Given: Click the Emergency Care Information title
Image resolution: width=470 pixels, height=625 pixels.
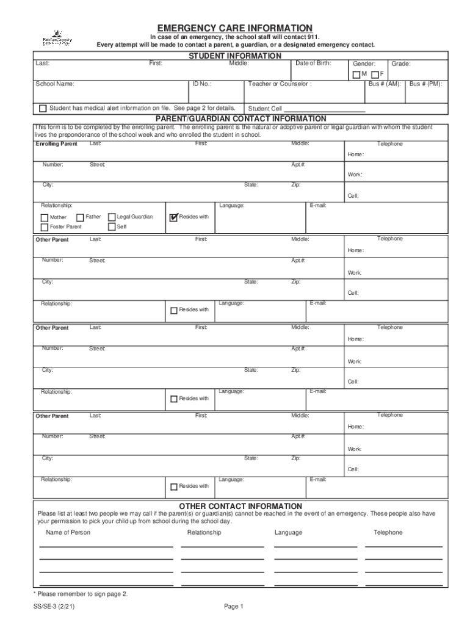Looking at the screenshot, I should (x=234, y=28).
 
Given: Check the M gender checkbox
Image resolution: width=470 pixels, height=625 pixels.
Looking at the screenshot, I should (x=356, y=74).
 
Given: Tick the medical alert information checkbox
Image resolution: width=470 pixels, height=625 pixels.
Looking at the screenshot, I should (x=43, y=109).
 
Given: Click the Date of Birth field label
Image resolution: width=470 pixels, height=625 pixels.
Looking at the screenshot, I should (x=313, y=63).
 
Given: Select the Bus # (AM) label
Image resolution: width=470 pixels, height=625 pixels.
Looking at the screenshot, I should (x=384, y=84).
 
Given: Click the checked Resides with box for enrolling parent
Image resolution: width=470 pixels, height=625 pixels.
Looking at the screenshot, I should (x=173, y=217).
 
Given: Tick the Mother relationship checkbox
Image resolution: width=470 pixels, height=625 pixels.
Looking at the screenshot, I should (x=45, y=217).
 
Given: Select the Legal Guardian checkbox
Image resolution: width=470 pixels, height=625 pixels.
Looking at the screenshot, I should (x=112, y=217).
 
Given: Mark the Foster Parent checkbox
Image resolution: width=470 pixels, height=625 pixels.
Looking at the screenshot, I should (x=45, y=227).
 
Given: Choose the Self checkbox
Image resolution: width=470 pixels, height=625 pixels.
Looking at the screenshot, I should (x=112, y=227).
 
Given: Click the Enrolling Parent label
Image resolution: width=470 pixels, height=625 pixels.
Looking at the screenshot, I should (x=56, y=144).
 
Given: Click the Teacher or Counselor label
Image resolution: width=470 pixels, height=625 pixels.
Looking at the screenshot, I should (x=280, y=84).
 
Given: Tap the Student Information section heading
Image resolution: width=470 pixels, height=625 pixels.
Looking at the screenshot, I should (x=234, y=56).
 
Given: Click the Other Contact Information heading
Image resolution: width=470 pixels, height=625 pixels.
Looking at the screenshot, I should (x=240, y=506).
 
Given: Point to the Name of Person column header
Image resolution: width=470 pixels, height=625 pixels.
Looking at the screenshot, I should (x=68, y=533).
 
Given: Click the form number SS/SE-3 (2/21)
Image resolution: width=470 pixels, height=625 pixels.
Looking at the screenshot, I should (x=55, y=607).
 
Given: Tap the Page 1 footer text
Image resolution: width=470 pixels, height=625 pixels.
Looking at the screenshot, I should (x=234, y=607).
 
